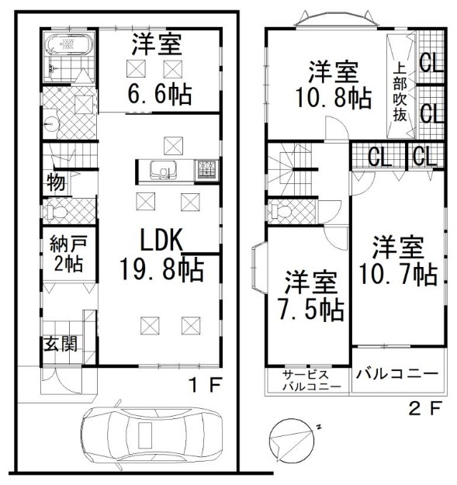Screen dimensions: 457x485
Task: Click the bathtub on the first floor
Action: [69, 43]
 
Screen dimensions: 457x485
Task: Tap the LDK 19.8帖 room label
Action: [162, 255]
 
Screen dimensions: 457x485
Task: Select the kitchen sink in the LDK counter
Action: [163, 170]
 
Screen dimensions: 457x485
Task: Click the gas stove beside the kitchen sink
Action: [206, 170]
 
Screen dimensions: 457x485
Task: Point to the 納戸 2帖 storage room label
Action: [68, 253]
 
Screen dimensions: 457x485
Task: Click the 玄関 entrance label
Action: [61, 344]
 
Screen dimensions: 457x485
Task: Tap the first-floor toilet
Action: [55, 212]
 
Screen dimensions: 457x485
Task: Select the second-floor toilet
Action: [279, 212]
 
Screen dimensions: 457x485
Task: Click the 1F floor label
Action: [206, 385]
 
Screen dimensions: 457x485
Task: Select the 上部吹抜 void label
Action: [400, 92]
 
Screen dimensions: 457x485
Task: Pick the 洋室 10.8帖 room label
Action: [334, 84]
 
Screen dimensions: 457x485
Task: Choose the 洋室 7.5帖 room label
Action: [310, 296]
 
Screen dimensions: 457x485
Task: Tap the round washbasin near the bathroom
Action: [51, 124]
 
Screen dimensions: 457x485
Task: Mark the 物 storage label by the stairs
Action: [56, 182]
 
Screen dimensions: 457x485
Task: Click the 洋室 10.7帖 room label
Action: [398, 260]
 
